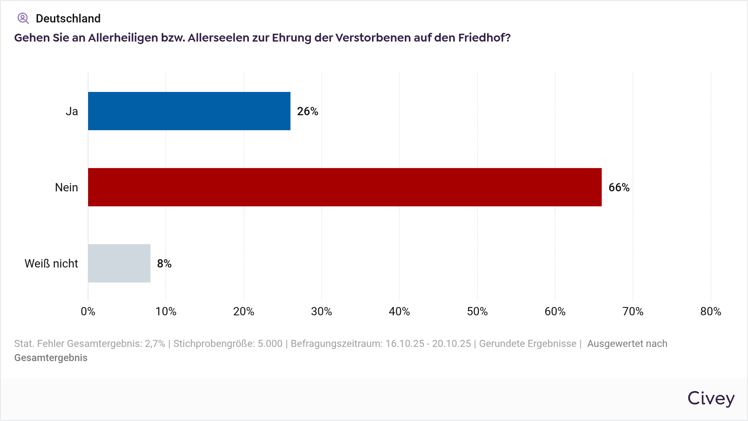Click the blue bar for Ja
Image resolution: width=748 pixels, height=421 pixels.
pos(189,111)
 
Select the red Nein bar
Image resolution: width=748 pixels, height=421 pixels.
pos(344,187)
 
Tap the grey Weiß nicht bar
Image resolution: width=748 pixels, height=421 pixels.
pos(119,263)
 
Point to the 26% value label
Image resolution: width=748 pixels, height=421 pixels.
pos(308,111)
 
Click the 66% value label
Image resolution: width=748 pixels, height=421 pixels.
pos(619,188)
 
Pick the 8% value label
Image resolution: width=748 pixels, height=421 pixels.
pos(164,264)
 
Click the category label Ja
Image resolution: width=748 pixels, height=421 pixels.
pos(72,111)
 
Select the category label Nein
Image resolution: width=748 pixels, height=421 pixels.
pos(66,188)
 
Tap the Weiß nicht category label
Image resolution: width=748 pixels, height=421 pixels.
pos(51,264)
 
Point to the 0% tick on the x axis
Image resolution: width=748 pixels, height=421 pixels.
pos(88,312)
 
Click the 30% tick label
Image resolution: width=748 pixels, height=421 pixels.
pos(322,312)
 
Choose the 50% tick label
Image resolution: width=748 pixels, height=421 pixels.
pos(477,312)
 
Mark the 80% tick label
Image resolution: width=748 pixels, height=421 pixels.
pos(711,312)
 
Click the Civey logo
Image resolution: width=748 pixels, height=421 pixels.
pos(711,399)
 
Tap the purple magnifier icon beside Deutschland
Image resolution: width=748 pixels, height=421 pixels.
pos(23,18)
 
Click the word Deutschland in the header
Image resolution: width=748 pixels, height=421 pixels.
pos(68,18)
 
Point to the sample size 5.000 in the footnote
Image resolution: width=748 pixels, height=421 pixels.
pos(270,344)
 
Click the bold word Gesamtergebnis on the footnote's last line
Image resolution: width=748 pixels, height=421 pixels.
pos(51,358)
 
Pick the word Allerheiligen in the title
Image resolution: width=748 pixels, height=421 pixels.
pos(123,38)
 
